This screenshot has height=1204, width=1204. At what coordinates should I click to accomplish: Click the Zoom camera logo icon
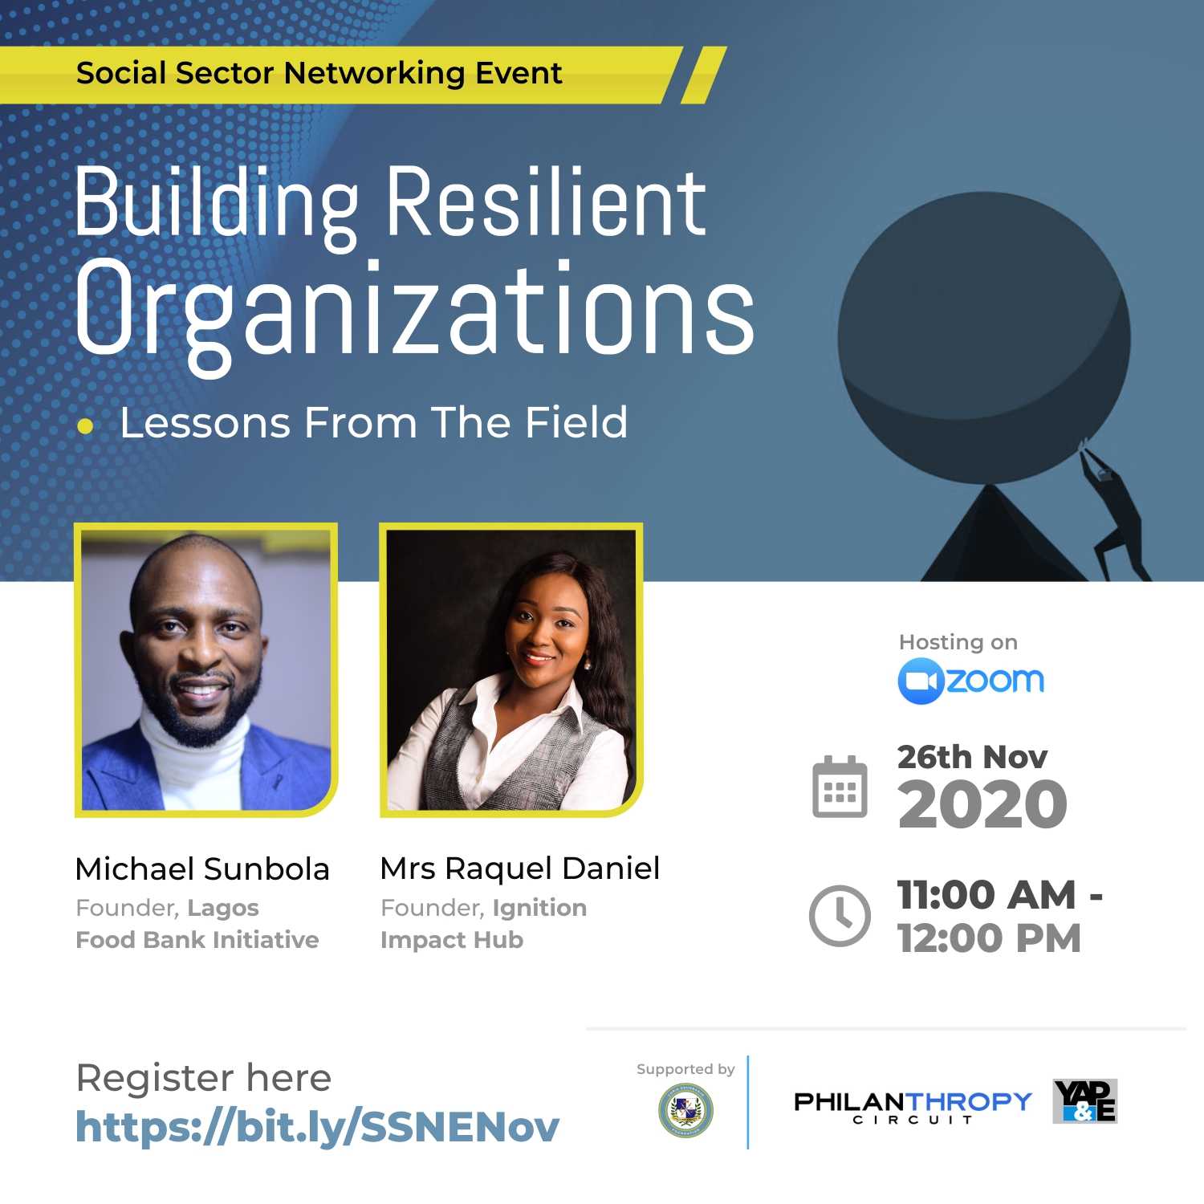pyautogui.click(x=920, y=681)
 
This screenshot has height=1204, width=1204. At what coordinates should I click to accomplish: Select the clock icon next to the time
pyautogui.click(x=840, y=915)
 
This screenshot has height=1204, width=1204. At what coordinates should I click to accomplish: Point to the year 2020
pyautogui.click(x=982, y=804)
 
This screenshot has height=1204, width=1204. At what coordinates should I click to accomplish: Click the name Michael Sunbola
pyautogui.click(x=202, y=869)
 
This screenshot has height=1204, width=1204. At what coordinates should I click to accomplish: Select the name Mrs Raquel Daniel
pyautogui.click(x=519, y=868)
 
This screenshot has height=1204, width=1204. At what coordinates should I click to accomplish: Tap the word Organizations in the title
pyautogui.click(x=414, y=311)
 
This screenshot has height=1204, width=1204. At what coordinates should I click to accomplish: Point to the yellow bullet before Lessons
pyautogui.click(x=85, y=426)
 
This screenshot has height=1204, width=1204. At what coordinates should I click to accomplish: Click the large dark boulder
pyautogui.click(x=983, y=337)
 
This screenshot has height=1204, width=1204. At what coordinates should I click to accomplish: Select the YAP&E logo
pyautogui.click(x=1084, y=1100)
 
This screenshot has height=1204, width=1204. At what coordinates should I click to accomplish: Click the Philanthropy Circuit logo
pyautogui.click(x=913, y=1106)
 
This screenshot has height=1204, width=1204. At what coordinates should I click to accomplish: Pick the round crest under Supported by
pyautogui.click(x=685, y=1110)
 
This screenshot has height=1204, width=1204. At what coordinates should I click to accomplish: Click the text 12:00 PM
pyautogui.click(x=989, y=938)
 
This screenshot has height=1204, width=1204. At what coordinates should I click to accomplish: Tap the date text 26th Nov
pyautogui.click(x=972, y=757)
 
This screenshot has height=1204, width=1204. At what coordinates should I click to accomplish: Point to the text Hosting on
pyautogui.click(x=958, y=642)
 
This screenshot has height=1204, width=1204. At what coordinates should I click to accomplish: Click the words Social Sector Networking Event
pyautogui.click(x=319, y=74)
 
